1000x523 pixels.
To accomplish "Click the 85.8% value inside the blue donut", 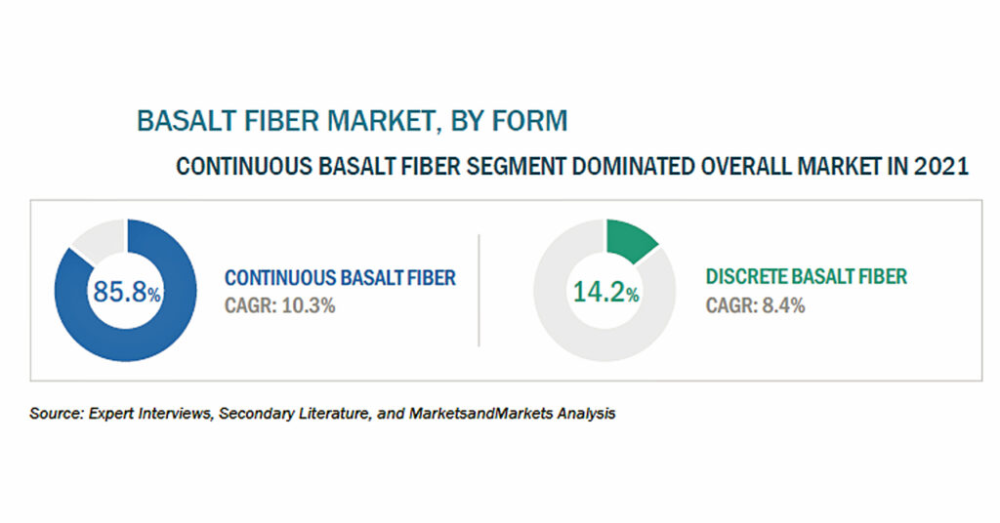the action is point(126,292).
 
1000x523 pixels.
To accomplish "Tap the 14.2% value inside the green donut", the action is point(605,292).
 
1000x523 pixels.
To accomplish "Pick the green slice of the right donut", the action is point(630,239).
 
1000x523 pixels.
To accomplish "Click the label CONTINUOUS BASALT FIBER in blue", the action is point(340,278).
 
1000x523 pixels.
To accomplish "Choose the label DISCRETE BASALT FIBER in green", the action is point(806,276).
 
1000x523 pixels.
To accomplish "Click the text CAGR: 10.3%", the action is point(279,305).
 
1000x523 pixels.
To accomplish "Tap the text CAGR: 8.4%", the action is point(755,305).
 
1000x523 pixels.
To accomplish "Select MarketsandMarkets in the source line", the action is point(480,414).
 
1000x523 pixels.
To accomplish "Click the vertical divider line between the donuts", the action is point(479,291).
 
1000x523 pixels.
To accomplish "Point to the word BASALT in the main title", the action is point(184,121).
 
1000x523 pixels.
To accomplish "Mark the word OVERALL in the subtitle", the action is point(745,166).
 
